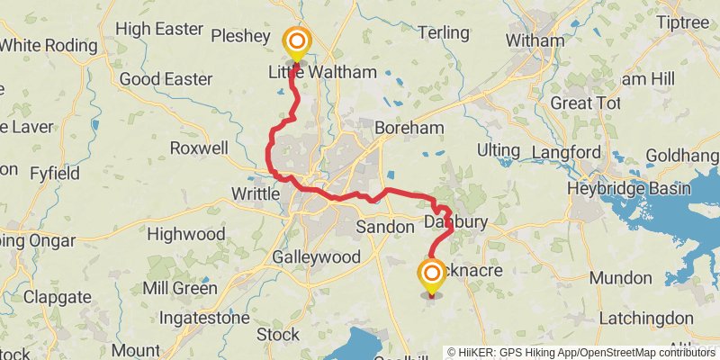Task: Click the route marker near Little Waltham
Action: (x=295, y=42)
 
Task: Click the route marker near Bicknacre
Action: (x=432, y=274)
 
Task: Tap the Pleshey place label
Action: (x=239, y=36)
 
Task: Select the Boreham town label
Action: (x=410, y=128)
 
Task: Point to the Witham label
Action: (x=535, y=40)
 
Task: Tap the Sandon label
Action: (x=384, y=228)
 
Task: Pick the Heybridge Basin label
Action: (x=628, y=189)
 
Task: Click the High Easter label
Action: (x=160, y=30)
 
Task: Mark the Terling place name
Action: (x=445, y=33)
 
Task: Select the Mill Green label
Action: (x=180, y=289)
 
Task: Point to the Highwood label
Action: (x=185, y=234)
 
